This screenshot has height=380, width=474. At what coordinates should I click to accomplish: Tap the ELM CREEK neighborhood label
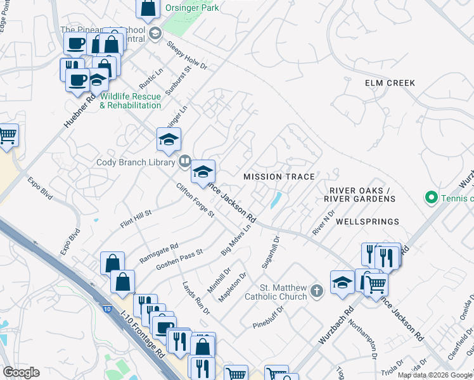point(390,83)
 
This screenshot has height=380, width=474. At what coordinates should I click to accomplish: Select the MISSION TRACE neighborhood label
point(279,175)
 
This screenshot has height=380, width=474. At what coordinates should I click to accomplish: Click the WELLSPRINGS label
point(368,222)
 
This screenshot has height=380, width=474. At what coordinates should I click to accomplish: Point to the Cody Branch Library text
point(136,162)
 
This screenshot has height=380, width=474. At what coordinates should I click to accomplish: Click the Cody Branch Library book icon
point(184,161)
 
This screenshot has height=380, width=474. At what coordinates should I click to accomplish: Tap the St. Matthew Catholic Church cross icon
point(317,291)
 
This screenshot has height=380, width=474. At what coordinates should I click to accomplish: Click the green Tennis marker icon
point(432,198)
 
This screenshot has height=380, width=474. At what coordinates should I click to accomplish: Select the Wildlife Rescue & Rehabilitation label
point(131,101)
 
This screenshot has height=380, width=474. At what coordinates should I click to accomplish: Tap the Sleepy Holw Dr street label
point(188,56)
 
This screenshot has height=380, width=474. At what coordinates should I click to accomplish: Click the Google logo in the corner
point(21,372)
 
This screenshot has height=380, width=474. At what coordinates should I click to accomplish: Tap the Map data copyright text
point(435,375)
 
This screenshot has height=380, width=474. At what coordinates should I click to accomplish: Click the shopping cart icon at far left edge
point(7,135)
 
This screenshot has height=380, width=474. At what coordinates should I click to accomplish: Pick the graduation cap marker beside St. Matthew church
point(342,282)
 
